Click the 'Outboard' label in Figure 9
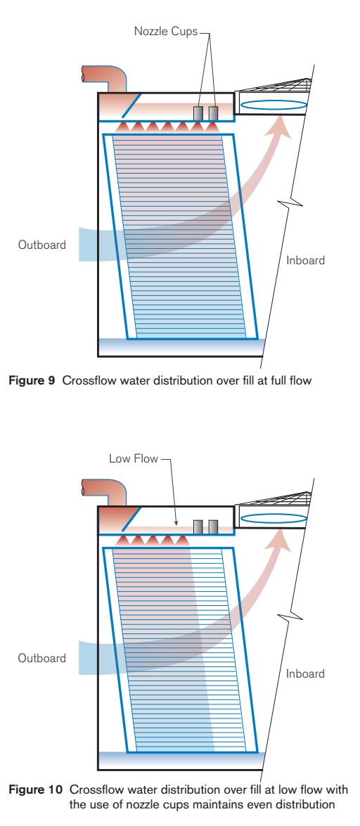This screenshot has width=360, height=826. coord(43,245)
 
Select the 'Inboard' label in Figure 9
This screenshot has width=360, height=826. coord(306,261)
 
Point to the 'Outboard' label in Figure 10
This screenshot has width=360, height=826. coord(43,659)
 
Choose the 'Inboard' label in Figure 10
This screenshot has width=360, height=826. coord(306,673)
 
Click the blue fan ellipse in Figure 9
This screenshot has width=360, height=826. coord(274,105)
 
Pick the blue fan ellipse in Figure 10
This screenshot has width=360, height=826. coord(274,519)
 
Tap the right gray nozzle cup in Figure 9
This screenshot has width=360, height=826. coord(213,112)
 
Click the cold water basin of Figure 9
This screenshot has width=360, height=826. coord(179,347)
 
